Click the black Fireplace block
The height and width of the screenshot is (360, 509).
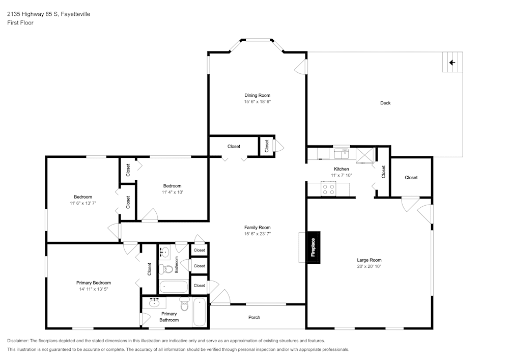(x=314, y=247)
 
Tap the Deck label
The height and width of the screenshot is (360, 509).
(x=385, y=103)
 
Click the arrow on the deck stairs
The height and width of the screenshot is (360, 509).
(x=452, y=63)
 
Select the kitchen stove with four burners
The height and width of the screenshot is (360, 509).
(x=328, y=189)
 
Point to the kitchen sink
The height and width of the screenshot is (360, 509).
(x=341, y=153)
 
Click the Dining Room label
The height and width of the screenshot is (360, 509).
(x=258, y=95)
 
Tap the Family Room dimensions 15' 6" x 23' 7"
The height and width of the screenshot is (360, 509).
(x=258, y=234)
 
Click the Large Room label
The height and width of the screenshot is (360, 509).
(x=369, y=260)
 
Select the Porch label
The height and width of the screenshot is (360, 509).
(x=254, y=317)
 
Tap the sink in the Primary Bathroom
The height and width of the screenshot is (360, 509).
(x=154, y=303)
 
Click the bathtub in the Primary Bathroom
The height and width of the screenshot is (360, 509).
(x=200, y=312)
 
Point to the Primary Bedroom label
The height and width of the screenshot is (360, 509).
(x=94, y=283)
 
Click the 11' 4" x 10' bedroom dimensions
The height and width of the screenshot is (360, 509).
(x=173, y=192)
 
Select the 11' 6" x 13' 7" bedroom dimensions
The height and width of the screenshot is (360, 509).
(x=83, y=203)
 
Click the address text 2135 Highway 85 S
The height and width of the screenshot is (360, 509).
(x=33, y=14)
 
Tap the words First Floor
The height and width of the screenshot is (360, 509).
(x=20, y=23)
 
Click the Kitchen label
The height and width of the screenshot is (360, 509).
(x=342, y=169)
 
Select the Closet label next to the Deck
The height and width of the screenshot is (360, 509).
(x=411, y=178)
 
